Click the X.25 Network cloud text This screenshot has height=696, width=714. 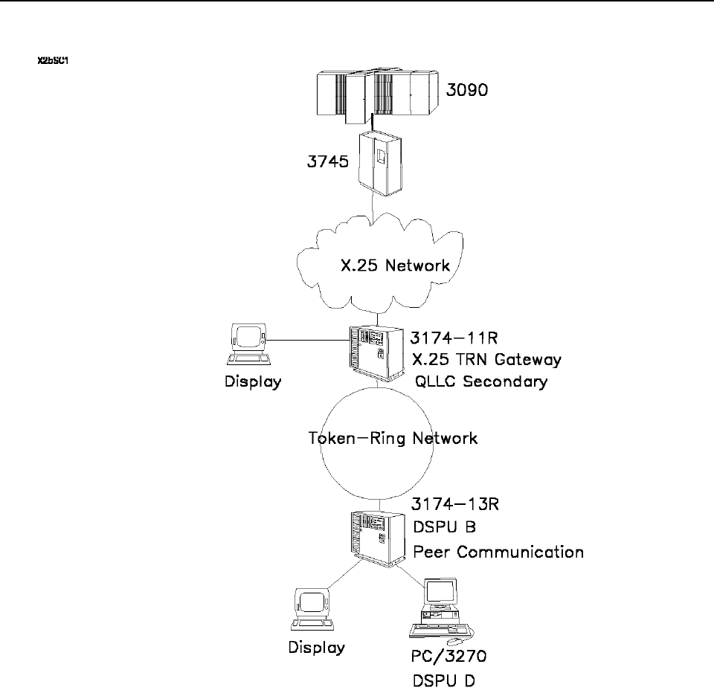tap(391, 265)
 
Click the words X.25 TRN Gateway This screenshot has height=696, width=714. tap(487, 360)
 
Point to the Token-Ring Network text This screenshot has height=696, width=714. tap(392, 437)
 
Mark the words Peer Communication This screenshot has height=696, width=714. tap(498, 552)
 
